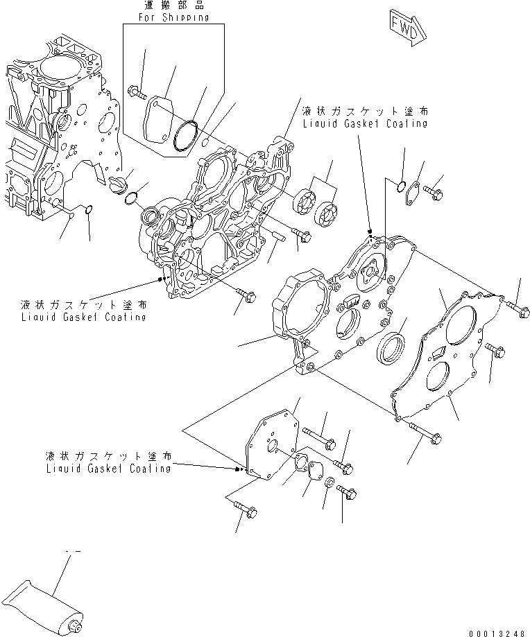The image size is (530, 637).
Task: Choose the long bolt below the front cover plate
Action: coord(425,432)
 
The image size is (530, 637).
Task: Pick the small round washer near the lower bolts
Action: coord(330,482)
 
